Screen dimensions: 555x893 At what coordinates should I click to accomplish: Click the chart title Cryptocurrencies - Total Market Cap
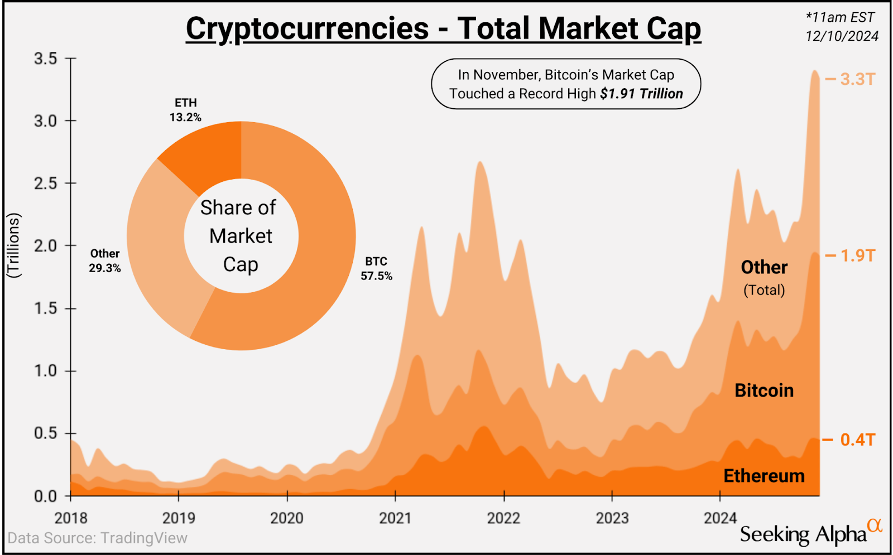pyautogui.click(x=443, y=29)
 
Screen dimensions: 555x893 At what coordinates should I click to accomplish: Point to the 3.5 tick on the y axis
pyautogui.click(x=46, y=59)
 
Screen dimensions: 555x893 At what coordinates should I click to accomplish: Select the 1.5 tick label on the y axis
pyautogui.click(x=46, y=308)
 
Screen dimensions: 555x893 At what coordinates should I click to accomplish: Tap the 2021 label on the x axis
pyautogui.click(x=395, y=518)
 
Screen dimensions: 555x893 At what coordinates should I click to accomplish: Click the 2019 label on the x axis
pyautogui.click(x=179, y=518)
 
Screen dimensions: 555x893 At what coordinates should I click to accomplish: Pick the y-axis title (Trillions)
pyautogui.click(x=13, y=245)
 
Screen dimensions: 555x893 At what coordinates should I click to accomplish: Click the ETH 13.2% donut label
pyautogui.click(x=185, y=110)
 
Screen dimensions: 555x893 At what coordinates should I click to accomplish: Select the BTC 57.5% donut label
pyautogui.click(x=376, y=268)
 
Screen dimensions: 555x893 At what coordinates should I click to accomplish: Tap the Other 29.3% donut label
pyautogui.click(x=105, y=260)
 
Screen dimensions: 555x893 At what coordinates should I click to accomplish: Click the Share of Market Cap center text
pyautogui.click(x=240, y=236)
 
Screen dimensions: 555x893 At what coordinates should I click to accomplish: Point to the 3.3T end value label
pyautogui.click(x=857, y=79)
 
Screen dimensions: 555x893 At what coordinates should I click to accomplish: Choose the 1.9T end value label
pyautogui.click(x=857, y=255)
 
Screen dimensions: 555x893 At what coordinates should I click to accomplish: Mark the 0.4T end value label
pyautogui.click(x=857, y=440)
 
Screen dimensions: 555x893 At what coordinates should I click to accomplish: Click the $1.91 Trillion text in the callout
pyautogui.click(x=641, y=94)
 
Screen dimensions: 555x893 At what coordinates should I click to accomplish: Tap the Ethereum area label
pyautogui.click(x=764, y=476)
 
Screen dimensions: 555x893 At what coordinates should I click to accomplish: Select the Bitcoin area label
pyautogui.click(x=764, y=390)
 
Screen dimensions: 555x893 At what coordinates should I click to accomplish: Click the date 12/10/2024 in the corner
pyautogui.click(x=842, y=36)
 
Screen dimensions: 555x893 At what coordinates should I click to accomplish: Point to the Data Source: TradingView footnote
pyautogui.click(x=98, y=538)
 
